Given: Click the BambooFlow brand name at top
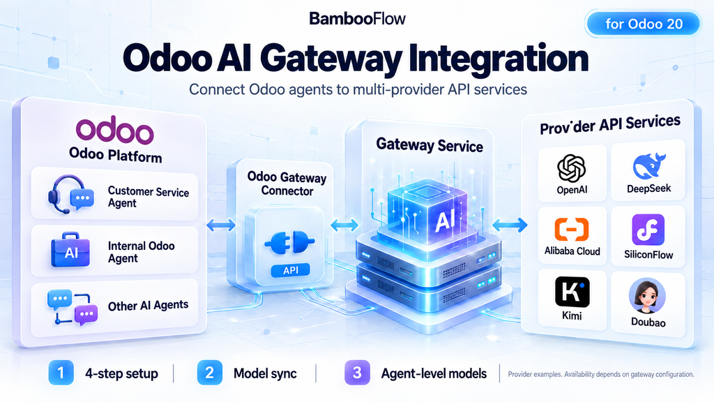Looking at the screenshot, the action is tap(357, 19).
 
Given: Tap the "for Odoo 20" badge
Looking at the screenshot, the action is tap(644, 24).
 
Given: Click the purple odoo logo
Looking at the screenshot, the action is tap(115, 131).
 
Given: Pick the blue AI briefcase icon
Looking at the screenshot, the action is tap(70, 249).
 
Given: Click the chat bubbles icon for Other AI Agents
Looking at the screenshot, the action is tap(73, 307).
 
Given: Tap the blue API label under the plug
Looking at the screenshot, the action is tap(291, 270).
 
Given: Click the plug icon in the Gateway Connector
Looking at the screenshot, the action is tap(289, 241).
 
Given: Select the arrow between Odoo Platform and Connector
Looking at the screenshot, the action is tap(221, 225).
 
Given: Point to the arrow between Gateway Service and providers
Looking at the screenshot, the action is tap(510, 224).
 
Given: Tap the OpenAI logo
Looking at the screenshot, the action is tap(572, 168).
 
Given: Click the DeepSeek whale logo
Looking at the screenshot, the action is tap(649, 166).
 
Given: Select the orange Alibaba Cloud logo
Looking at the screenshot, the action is tap(572, 229).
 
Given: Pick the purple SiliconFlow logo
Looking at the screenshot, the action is tap(648, 230).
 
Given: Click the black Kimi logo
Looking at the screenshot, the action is tap(572, 292).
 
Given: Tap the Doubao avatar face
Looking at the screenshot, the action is tap(647, 296).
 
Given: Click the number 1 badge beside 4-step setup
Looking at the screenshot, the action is tap(61, 373).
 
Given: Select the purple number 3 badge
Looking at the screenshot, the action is tap(357, 373).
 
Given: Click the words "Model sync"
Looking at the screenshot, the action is tap(265, 374).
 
